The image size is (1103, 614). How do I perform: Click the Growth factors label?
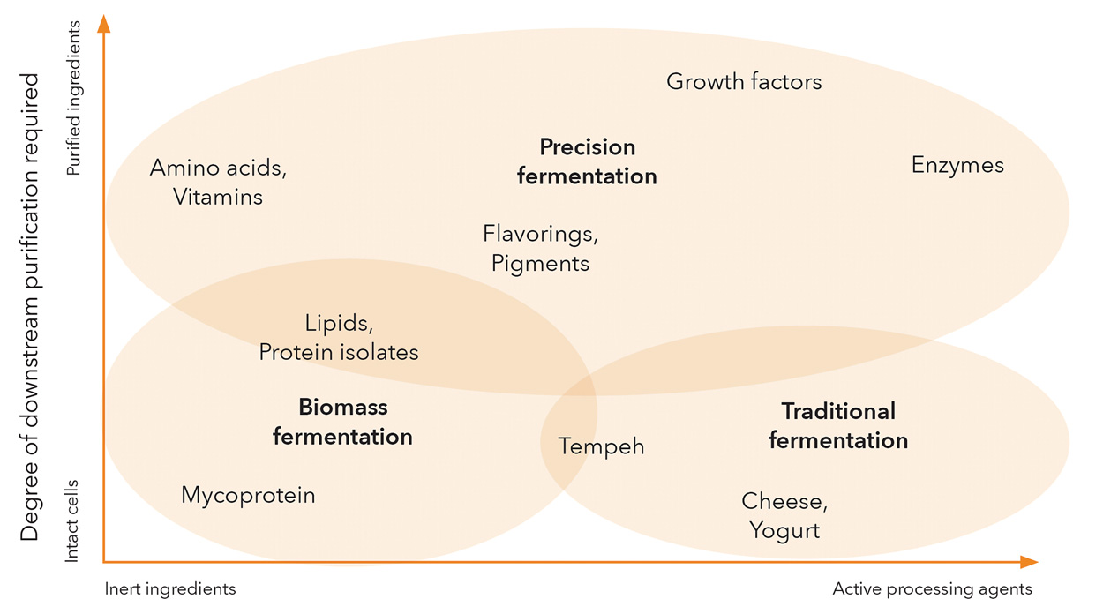(744, 82)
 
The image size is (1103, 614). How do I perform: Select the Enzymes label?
(957, 165)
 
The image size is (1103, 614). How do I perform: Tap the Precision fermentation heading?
(587, 161)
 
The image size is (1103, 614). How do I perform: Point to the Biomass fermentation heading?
(342, 422)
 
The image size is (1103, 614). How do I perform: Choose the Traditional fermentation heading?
(838, 425)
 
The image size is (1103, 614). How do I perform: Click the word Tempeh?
(602, 447)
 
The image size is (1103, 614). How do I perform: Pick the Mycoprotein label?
(248, 495)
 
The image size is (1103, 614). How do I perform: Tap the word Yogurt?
(784, 530)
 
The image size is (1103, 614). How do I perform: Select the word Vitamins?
(218, 197)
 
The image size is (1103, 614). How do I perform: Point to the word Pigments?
(540, 263)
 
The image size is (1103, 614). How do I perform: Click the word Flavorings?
(540, 234)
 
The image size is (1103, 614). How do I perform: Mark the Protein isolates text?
(339, 352)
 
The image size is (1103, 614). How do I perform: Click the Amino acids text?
(218, 168)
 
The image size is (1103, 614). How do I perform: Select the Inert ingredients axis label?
(170, 588)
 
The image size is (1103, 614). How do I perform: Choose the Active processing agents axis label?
(932, 588)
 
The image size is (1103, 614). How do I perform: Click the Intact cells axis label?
(73, 520)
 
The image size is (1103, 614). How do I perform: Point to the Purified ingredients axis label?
(73, 99)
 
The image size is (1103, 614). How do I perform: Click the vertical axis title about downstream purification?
(31, 307)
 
